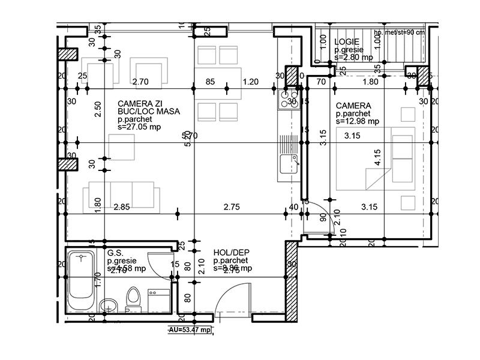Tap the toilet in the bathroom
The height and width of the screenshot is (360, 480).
pos(133,298)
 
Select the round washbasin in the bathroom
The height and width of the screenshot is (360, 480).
pos(107,304)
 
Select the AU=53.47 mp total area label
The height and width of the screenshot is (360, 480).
pos(189,330)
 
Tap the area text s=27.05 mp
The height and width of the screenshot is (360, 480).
pos(139,127)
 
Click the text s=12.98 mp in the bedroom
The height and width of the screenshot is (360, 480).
pos(358,121)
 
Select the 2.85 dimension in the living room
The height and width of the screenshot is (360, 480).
pos(122,208)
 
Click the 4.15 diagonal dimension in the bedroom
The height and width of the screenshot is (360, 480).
pos(377,157)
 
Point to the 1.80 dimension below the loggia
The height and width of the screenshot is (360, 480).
pos(371,82)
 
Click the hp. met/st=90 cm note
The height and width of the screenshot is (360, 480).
pos(399,32)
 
